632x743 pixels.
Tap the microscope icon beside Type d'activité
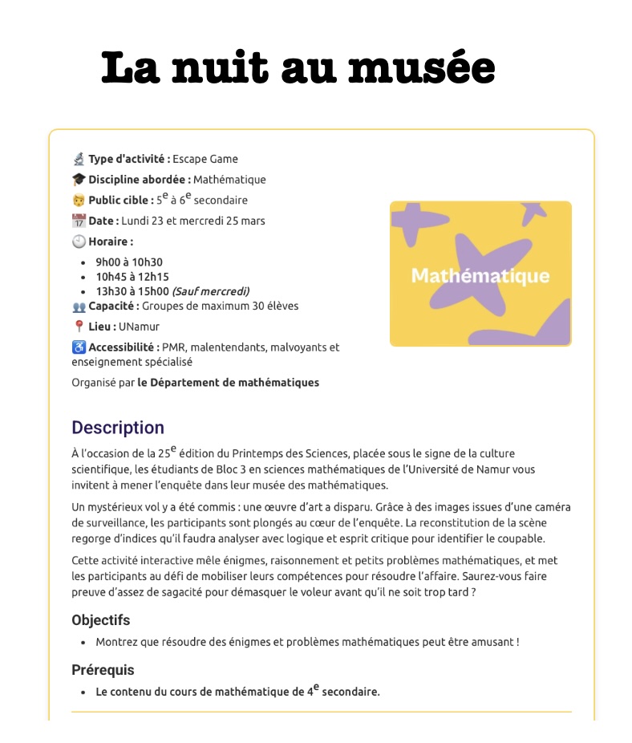79,159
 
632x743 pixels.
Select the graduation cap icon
79,180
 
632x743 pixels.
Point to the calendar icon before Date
79,221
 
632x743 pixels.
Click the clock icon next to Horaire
79,242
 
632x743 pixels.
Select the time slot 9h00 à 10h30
129,262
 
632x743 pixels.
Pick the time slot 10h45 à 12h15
131,276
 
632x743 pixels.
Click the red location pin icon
79,327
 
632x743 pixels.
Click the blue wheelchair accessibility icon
79,347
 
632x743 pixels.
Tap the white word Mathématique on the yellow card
480,276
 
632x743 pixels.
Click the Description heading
117,428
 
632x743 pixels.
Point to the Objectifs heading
100,620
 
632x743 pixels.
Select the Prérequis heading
103,670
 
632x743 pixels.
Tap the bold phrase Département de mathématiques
234,383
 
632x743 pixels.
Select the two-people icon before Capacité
79,307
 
